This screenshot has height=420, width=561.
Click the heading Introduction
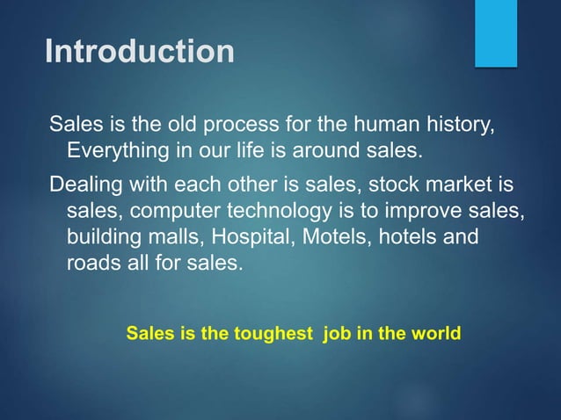[140, 51]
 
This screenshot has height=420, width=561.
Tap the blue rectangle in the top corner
[495, 33]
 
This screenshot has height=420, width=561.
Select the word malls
[171, 237]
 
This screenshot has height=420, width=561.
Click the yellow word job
[339, 335]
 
